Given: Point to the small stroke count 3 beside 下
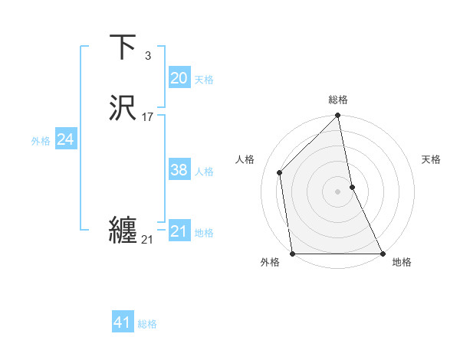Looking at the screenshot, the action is point(148,56).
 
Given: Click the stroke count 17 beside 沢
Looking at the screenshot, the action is point(148,117).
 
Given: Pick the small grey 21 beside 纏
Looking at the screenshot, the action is point(147,240).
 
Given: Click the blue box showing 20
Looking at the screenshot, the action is point(179,78).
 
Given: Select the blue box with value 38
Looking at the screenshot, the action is point(179,171).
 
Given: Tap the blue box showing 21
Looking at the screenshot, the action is point(179,231).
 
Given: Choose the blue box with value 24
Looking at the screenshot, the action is point(66,139).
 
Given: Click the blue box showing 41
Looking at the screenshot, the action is point(123,322).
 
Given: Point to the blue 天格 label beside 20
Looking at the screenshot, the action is point(204,80).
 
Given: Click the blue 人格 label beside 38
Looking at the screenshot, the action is point(204,172).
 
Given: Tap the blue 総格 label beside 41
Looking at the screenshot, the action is point(147,324).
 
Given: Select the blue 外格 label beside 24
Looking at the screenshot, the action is point(41,141).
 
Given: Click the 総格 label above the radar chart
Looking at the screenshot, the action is point(338,100).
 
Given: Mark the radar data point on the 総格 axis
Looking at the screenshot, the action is point(338,116).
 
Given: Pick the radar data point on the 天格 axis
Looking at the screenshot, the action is point(352,187).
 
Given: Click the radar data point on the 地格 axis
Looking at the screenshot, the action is point(382,253).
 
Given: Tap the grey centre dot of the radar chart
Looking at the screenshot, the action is point(338,191).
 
